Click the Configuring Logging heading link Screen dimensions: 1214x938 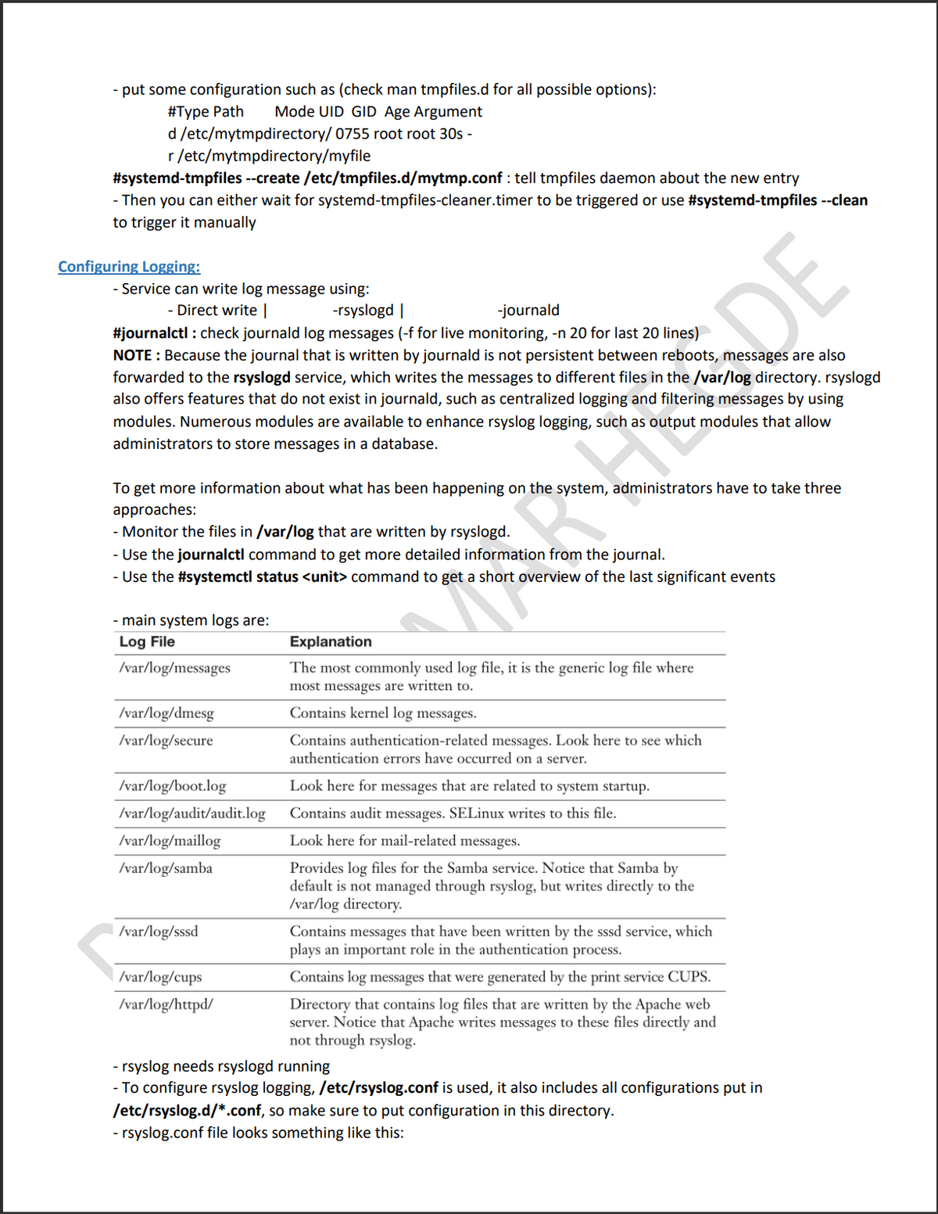(129, 267)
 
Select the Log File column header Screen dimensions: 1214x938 (147, 642)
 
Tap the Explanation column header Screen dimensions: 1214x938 (331, 642)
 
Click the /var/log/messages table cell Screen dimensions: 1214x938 (175, 668)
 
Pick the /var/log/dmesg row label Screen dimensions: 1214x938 (166, 713)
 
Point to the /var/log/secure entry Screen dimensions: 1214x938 (166, 741)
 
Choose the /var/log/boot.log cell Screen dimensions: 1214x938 (173, 786)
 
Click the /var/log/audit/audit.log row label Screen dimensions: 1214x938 (192, 814)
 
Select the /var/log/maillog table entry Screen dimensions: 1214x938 (170, 841)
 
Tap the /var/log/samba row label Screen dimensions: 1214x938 (166, 868)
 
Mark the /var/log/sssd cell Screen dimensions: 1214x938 (159, 932)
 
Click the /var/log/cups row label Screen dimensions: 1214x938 (160, 977)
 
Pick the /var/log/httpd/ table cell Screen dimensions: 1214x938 (166, 1004)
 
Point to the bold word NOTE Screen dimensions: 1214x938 (132, 355)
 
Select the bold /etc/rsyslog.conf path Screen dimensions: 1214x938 (378, 1088)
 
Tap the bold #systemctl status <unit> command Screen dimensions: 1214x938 (263, 577)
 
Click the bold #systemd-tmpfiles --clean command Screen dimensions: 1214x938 (778, 200)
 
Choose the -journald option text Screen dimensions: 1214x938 (528, 311)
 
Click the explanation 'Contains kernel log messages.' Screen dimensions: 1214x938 (383, 713)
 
